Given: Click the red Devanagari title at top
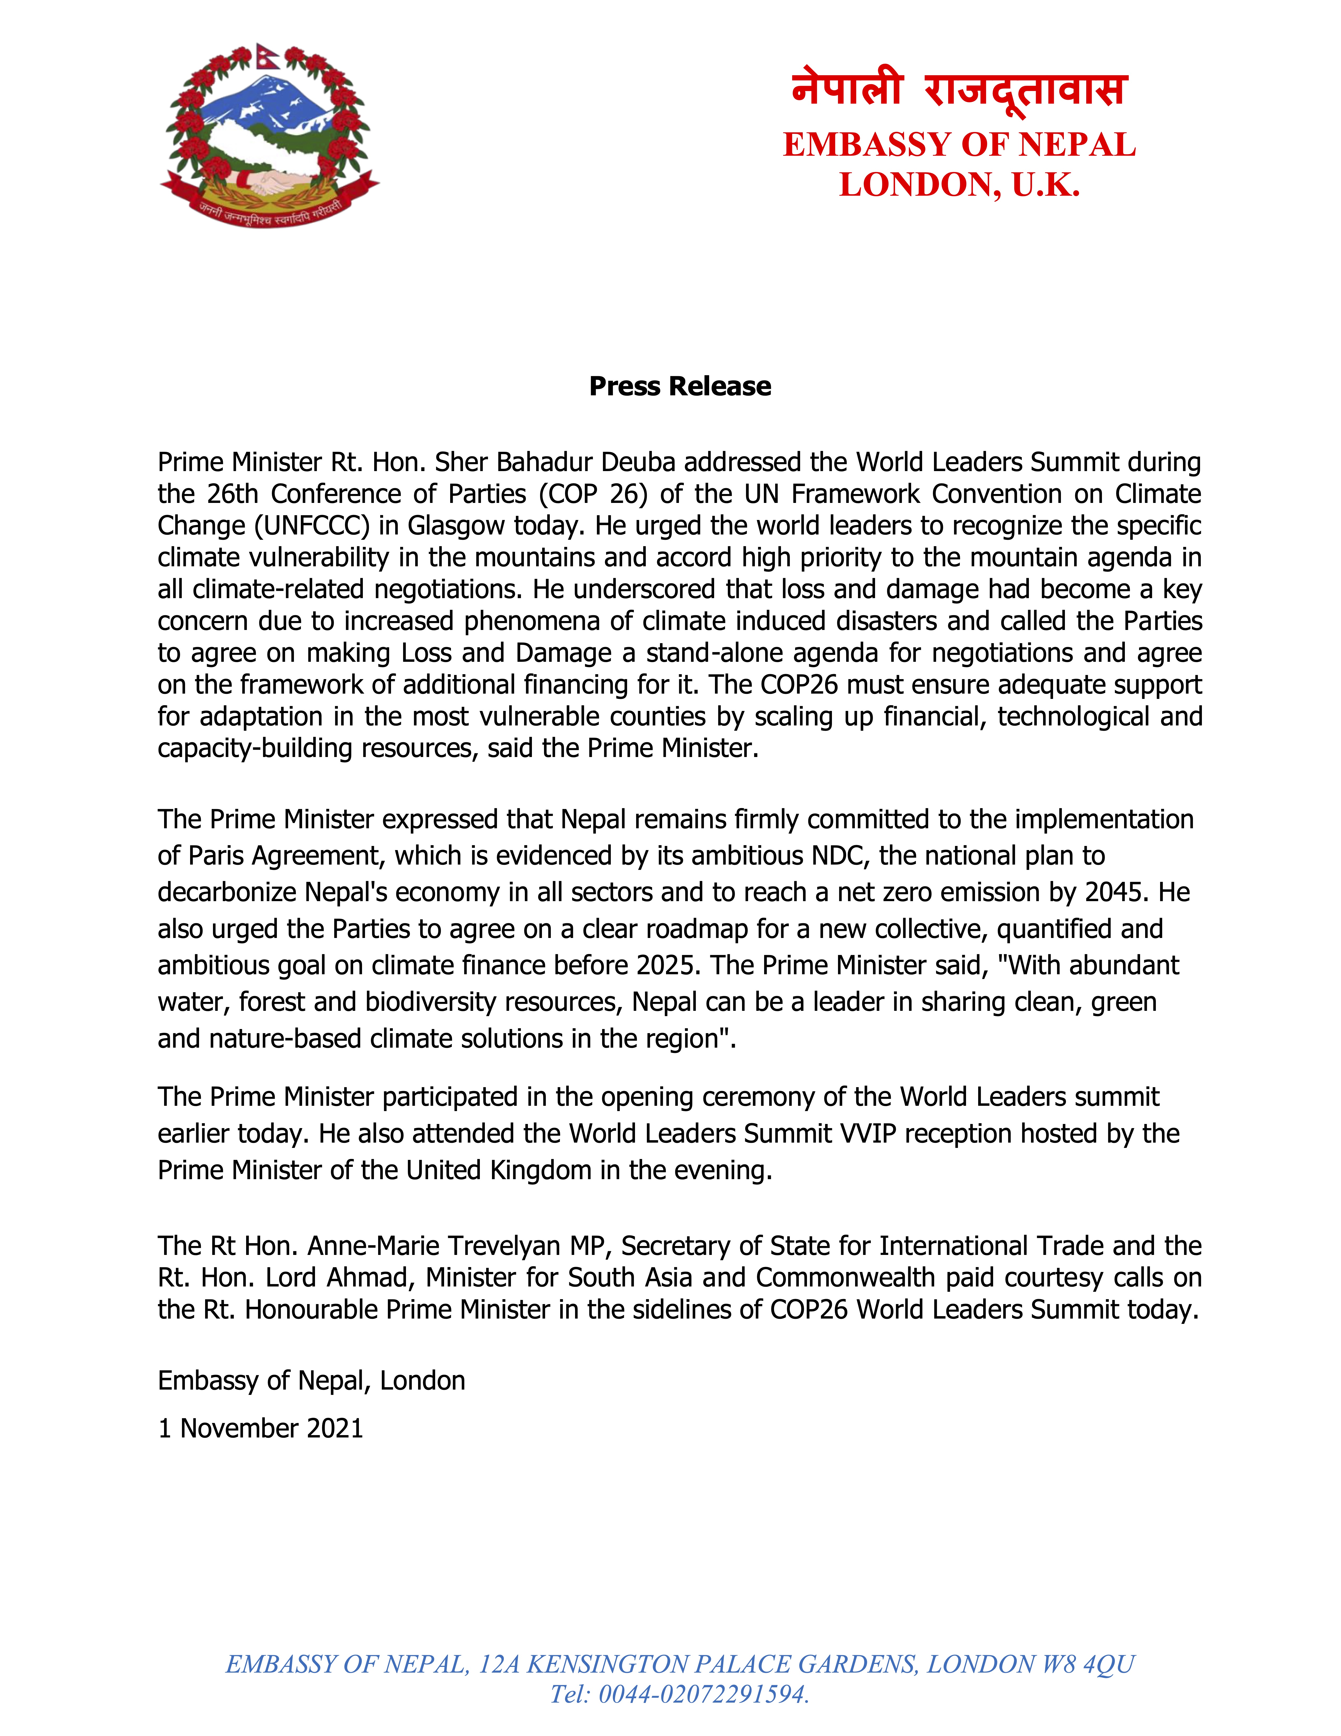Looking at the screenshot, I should pos(959,89).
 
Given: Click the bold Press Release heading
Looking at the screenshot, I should pos(680,386).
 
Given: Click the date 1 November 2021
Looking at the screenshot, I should pos(261,1428).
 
